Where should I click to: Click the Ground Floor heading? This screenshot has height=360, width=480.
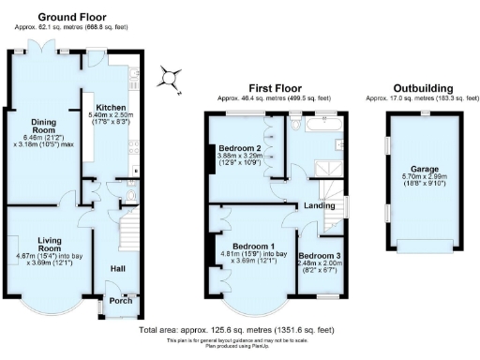pos(72,16)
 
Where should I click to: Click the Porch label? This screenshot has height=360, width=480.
pos(121,300)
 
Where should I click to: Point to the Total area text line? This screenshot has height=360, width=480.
pos(235,330)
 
